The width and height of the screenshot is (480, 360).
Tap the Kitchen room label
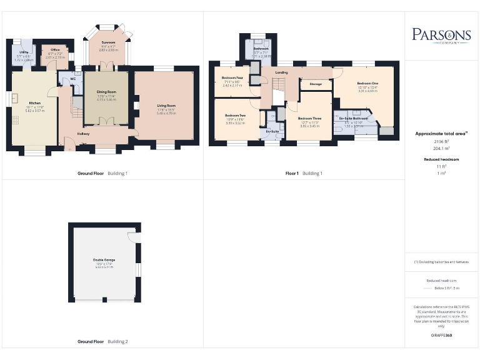click(x=35, y=102)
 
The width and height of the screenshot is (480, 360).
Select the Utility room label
click(x=23, y=52)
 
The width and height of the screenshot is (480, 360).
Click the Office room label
click(x=56, y=50)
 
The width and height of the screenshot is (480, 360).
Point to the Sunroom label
click(x=108, y=42)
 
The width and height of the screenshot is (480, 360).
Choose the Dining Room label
click(x=106, y=92)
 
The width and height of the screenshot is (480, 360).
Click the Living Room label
click(x=166, y=106)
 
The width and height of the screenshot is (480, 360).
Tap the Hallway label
click(x=83, y=134)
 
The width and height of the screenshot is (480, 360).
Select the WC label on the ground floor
click(x=73, y=79)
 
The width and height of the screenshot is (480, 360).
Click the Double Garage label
click(x=104, y=259)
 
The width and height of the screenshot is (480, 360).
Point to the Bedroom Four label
click(x=232, y=77)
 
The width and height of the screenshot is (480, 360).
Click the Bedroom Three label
click(x=309, y=118)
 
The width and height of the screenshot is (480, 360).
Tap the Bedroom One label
click(x=367, y=83)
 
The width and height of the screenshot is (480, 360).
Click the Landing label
click(x=281, y=72)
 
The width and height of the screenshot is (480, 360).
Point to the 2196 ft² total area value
click(x=441, y=142)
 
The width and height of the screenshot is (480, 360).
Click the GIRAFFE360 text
click(x=441, y=336)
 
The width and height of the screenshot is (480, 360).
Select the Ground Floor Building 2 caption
click(x=102, y=342)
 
